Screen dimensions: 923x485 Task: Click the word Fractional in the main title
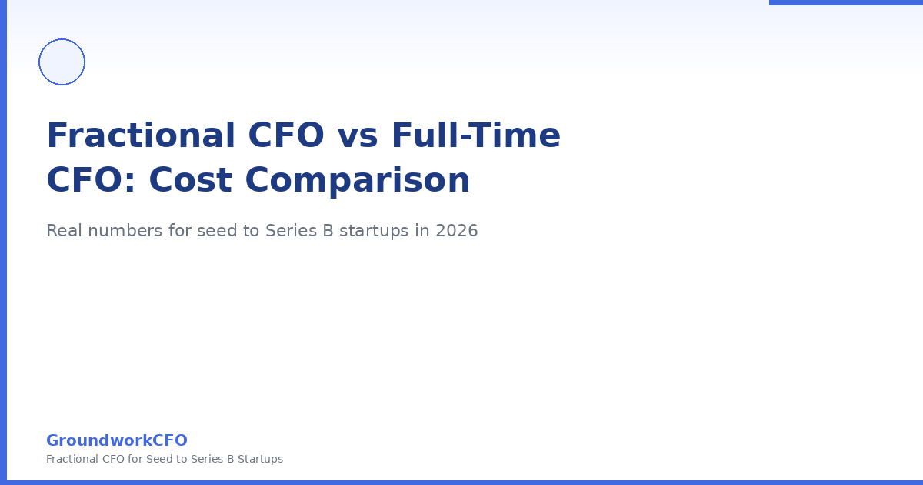141,135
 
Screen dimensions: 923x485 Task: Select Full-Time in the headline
476,135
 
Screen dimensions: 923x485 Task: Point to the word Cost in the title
191,180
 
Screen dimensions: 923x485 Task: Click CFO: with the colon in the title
91,180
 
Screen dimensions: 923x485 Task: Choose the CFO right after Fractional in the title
286,135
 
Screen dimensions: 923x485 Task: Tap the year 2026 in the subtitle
457,231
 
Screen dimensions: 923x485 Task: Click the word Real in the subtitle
63,231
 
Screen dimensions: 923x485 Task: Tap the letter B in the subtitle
328,231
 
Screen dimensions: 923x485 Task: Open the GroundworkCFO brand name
117,440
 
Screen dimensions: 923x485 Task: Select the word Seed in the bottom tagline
157,459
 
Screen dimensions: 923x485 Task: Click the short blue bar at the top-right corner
846,2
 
